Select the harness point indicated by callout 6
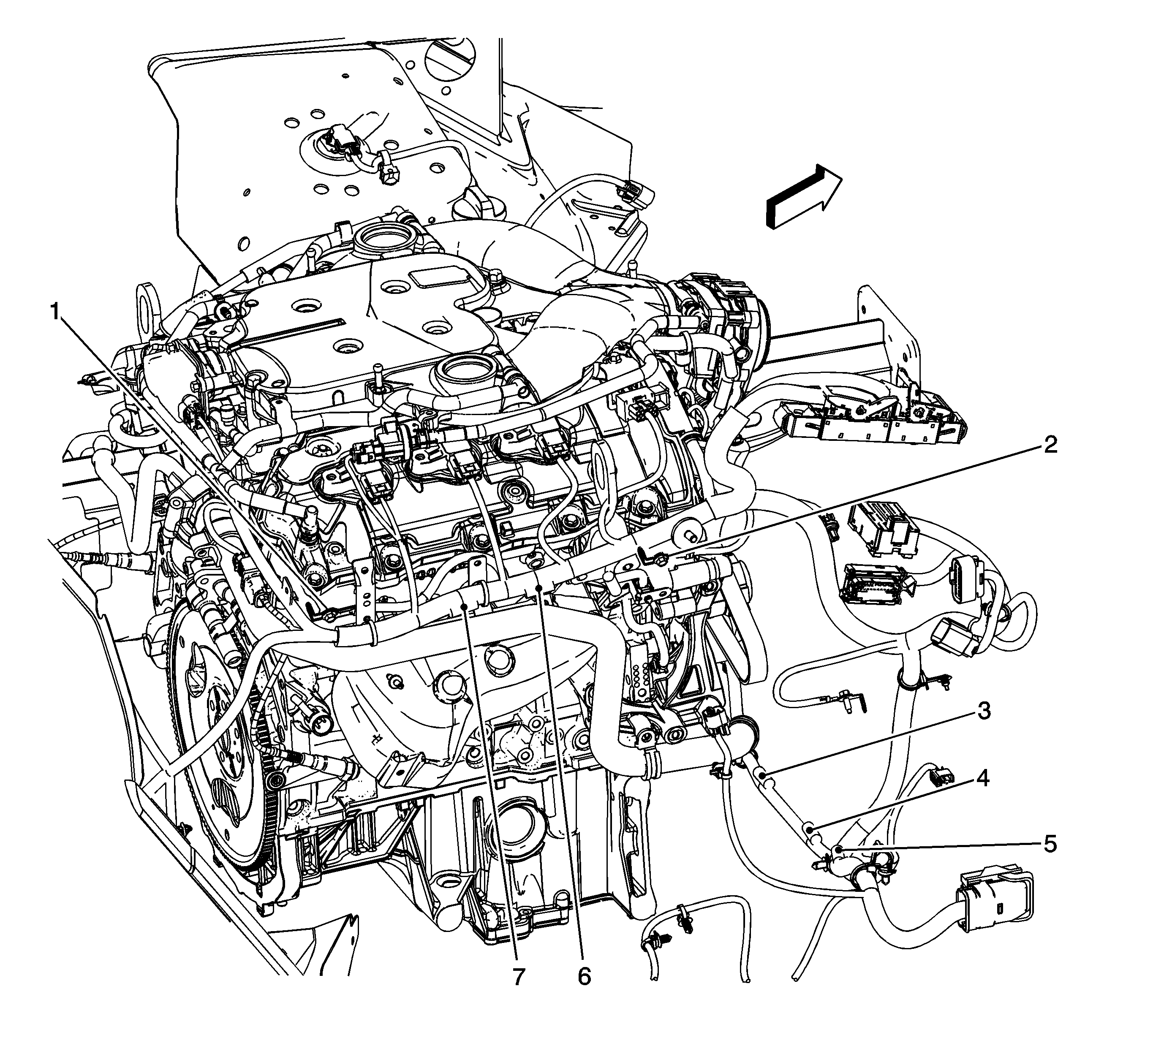[539, 587]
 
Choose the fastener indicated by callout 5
[837, 848]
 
